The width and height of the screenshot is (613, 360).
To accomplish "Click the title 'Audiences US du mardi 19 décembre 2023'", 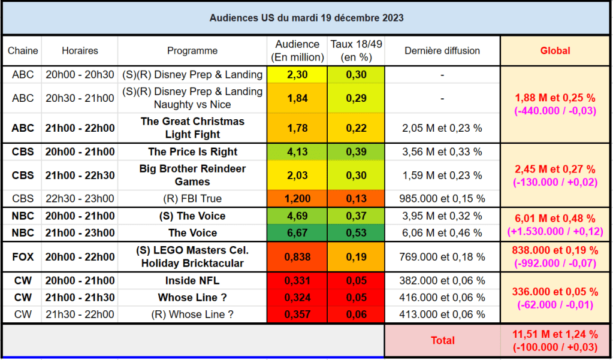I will [x=306, y=18].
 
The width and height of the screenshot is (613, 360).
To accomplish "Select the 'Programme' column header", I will [x=192, y=51].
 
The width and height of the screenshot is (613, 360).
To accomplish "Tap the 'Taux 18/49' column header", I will [x=356, y=51].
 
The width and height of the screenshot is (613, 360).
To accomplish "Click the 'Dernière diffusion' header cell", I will [x=442, y=51].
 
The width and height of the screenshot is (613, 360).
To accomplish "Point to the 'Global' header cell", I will [x=555, y=51].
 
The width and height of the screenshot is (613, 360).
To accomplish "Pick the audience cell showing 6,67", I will [x=297, y=232].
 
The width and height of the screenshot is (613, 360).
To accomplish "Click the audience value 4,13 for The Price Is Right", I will [x=297, y=152].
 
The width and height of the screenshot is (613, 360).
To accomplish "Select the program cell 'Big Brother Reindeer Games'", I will [x=192, y=175].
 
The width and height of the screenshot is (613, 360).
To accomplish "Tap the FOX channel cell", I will [x=23, y=257].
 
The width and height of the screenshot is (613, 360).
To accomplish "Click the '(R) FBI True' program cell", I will [x=192, y=198].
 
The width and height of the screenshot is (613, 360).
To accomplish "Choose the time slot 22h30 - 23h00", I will [x=80, y=198].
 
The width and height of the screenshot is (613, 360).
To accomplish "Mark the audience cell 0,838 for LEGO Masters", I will [x=297, y=257].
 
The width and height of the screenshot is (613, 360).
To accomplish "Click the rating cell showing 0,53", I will [x=356, y=232].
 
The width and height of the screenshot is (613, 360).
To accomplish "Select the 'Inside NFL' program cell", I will [x=192, y=280].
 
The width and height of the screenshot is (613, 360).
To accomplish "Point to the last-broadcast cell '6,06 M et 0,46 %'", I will [x=442, y=232].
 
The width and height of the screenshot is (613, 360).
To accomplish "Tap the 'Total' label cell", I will [x=442, y=340].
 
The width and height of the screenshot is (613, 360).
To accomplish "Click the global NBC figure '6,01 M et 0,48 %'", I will [x=555, y=219].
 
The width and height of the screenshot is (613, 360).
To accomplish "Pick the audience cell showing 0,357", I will [x=297, y=314].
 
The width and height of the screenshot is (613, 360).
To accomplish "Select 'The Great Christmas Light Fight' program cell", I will [x=192, y=128].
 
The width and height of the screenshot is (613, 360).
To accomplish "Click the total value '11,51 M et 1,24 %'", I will [x=555, y=334].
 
